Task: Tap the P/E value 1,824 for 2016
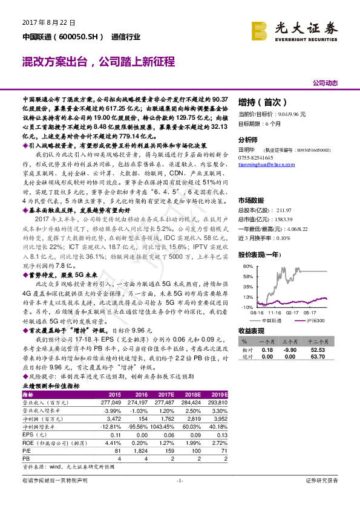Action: [x=136, y=451]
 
